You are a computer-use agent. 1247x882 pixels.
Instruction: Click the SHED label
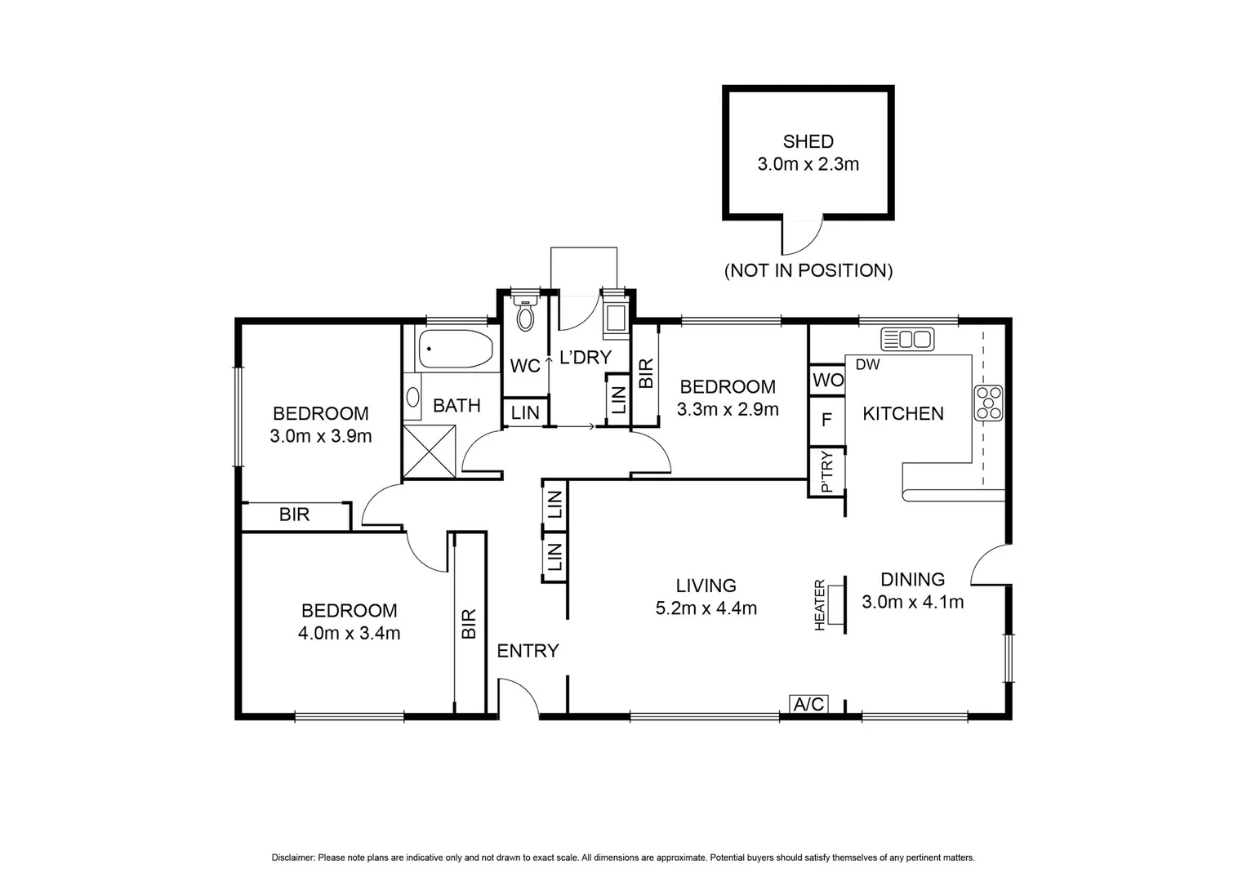(x=808, y=141)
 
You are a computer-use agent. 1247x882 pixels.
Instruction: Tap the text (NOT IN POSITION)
(x=808, y=270)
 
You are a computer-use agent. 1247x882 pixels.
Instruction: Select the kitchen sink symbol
(x=906, y=339)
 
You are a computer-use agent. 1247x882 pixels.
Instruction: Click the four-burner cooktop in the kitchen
(x=988, y=403)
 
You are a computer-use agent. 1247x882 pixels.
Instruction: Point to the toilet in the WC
(x=525, y=314)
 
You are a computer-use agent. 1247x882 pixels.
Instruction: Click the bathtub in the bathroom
(x=455, y=350)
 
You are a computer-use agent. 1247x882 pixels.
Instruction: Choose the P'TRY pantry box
(x=826, y=472)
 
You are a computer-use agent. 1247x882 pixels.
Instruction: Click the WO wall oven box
(x=827, y=381)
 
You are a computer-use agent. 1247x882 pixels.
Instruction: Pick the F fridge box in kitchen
(x=826, y=420)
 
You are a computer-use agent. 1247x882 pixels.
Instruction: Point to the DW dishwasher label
(x=867, y=365)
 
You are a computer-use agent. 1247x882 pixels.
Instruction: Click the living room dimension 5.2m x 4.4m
(x=706, y=608)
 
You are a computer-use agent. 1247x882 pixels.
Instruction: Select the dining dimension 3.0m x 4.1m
(x=912, y=602)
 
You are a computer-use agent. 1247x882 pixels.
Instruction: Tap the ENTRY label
(x=528, y=651)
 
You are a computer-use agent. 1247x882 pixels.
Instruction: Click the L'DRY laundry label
(x=585, y=357)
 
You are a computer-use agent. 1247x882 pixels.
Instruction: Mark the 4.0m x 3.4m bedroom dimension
(x=349, y=632)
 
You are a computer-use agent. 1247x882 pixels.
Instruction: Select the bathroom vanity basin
(x=412, y=399)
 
